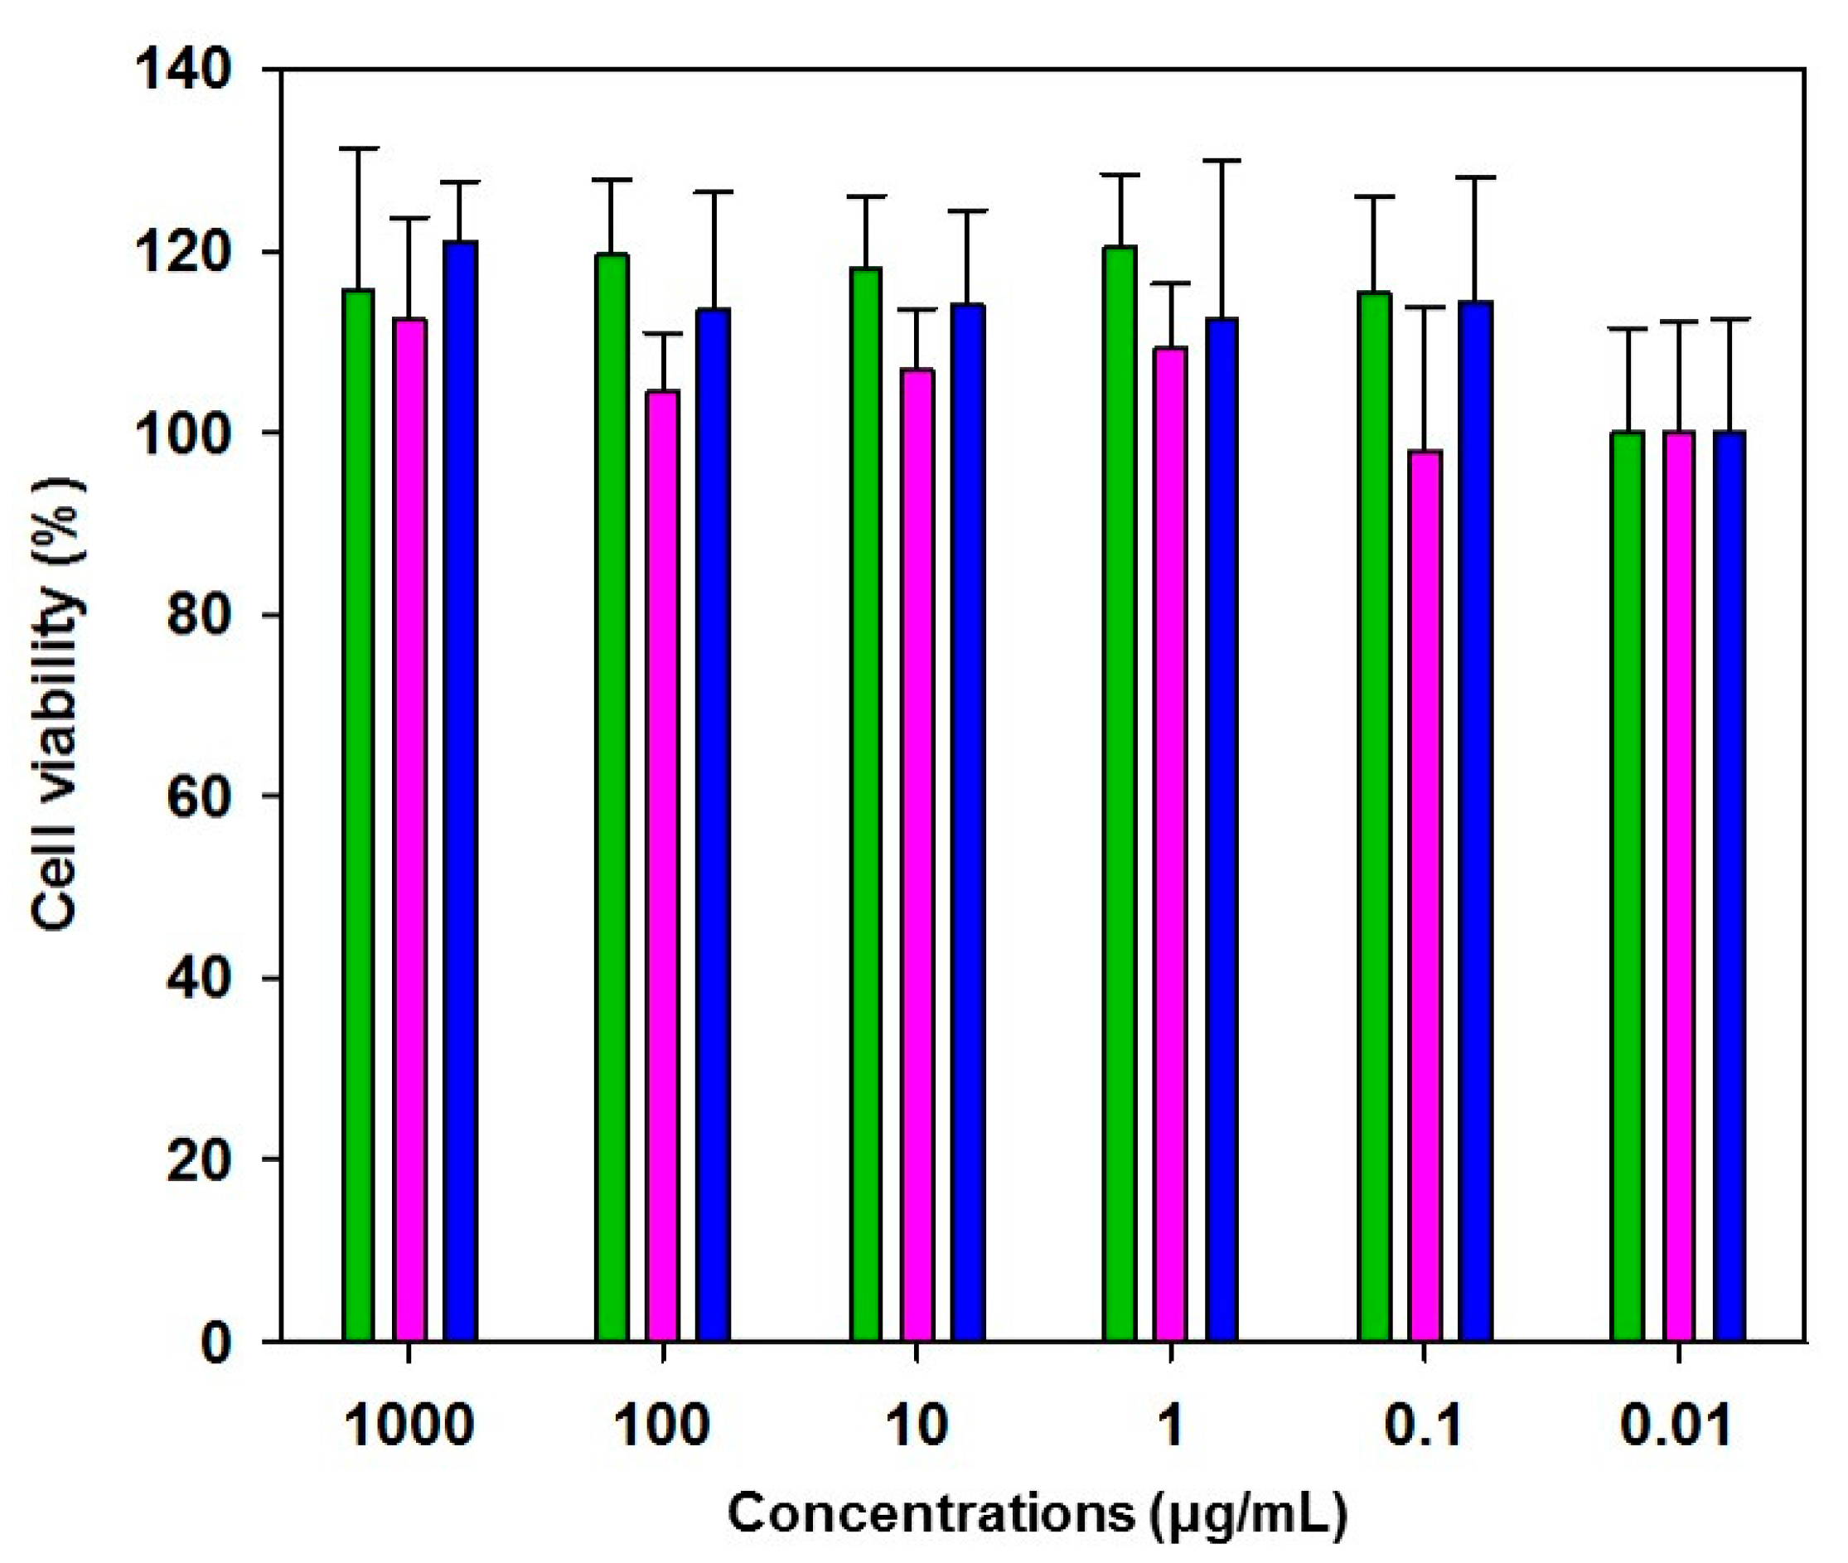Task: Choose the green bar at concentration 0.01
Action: point(1628,886)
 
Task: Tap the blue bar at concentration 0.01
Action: point(1729,886)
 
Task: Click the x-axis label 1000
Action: point(409,1426)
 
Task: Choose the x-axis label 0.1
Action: point(1424,1426)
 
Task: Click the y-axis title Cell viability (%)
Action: point(56,704)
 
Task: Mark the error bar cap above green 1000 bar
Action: point(358,149)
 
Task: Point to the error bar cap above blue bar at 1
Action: point(1222,162)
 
